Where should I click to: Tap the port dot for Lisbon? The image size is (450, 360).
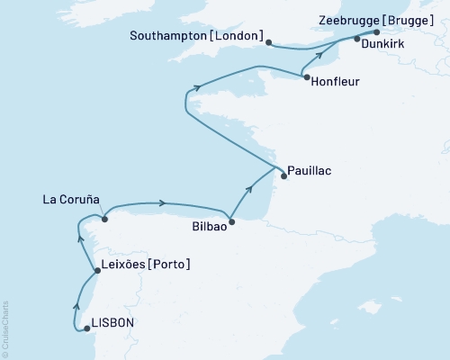pos(87,329)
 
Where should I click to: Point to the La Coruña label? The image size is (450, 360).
pos(70,198)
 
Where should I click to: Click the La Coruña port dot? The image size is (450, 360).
pos(105,219)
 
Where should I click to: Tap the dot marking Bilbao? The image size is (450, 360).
pos(232,221)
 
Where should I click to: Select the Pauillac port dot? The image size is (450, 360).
pos(283,176)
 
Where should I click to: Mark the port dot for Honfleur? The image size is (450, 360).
pos(308,78)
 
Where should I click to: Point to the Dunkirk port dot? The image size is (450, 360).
pos(357,39)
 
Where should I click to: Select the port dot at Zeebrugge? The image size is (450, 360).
pos(376,31)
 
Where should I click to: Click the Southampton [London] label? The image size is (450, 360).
pos(202,37)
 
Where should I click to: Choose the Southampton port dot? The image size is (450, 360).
pos(269,40)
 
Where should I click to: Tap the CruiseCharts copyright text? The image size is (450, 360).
pos(5,328)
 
